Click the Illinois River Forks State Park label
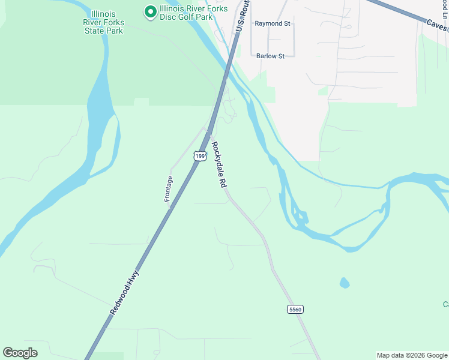[103, 22]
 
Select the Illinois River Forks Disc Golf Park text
[186, 13]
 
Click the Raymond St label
[272, 23]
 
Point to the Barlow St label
[274, 56]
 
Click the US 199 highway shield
[200, 157]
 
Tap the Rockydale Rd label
[218, 166]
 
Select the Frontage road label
[169, 188]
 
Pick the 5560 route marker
[295, 309]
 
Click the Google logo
[20, 353]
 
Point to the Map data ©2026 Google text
[412, 355]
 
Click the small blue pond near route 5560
[344, 282]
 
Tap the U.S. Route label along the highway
[243, 17]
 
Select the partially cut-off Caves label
[438, 25]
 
